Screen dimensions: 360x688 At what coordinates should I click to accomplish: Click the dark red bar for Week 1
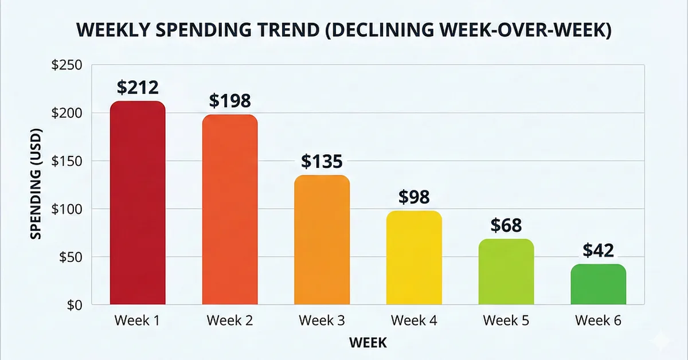tap(138, 203)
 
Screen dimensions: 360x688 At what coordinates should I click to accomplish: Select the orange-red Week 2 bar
tap(229, 210)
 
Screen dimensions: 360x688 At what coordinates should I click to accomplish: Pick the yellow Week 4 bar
tap(414, 257)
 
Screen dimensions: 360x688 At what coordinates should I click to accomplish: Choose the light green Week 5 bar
tap(506, 272)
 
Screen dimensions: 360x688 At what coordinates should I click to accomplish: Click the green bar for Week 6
tap(598, 284)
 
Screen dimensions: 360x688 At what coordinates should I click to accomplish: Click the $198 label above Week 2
tap(229, 101)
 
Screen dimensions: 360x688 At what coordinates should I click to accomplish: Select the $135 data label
tap(322, 162)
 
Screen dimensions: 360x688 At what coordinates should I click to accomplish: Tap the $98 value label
tap(414, 197)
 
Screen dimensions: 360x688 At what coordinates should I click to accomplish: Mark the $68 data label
tap(506, 226)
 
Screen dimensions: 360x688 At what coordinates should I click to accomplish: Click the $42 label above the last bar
tap(598, 251)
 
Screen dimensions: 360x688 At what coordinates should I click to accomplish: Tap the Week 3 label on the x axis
tap(322, 320)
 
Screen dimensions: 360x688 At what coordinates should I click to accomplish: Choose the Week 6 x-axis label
tap(598, 320)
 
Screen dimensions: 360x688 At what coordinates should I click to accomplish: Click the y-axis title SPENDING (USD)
tap(37, 185)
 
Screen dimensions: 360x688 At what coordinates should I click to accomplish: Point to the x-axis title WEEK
tap(368, 343)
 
